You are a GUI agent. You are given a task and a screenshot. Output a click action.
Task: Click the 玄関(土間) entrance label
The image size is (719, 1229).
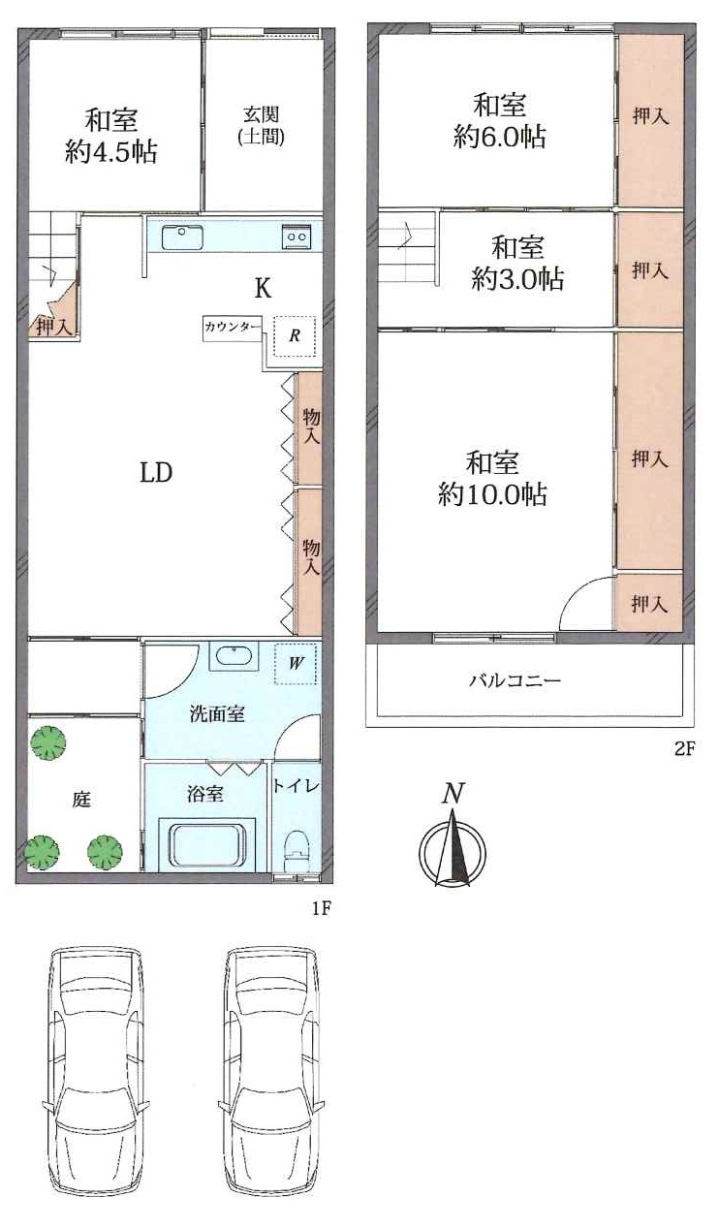click(x=261, y=126)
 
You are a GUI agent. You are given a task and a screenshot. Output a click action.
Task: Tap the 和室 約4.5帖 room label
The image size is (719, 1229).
click(x=111, y=136)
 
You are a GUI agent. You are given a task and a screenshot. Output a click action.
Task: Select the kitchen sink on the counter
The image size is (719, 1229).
click(x=182, y=238)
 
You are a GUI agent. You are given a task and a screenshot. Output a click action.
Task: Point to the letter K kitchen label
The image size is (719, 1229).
click(x=263, y=288)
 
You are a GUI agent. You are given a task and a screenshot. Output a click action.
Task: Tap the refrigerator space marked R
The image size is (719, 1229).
click(x=295, y=336)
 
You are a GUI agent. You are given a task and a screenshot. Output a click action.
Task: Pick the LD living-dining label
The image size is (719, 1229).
click(x=156, y=472)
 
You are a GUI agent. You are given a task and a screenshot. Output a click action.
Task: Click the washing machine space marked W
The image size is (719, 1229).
click(x=296, y=664)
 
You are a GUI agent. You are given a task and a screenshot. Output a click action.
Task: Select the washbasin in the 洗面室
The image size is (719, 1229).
click(x=234, y=655)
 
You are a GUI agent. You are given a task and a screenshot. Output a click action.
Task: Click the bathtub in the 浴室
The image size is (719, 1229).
click(x=206, y=845)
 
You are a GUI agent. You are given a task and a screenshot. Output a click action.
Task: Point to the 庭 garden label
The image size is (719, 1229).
click(x=81, y=800)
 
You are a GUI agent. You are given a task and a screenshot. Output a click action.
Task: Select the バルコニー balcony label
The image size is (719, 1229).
click(x=515, y=681)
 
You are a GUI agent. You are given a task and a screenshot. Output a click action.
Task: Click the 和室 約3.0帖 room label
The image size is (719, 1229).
click(x=517, y=263)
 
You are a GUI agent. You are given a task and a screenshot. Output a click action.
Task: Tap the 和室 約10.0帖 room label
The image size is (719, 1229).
click(x=492, y=479)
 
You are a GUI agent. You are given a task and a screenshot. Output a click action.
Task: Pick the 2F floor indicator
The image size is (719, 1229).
click(x=684, y=749)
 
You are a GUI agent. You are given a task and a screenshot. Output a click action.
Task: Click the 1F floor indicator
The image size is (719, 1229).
click(x=322, y=909)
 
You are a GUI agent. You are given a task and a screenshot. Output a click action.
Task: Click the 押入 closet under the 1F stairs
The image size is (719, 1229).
click(x=53, y=328)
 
